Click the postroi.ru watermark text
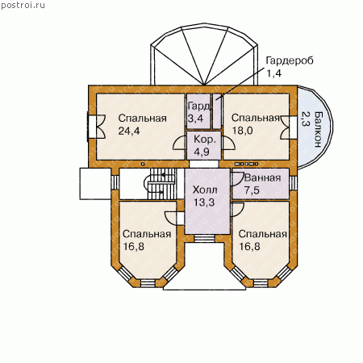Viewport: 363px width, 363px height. click(23, 6)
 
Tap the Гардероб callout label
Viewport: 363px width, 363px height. click(290, 61)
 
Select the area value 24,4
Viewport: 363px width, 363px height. click(129, 131)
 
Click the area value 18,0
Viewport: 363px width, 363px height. click(242, 131)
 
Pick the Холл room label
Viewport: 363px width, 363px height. click(205, 190)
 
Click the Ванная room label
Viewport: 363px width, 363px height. click(262, 177)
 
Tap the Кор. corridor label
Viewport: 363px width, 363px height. click(205, 140)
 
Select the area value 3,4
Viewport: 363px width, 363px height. click(195, 119)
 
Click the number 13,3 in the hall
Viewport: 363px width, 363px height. click(204, 202)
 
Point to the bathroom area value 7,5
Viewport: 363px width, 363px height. click(252, 190)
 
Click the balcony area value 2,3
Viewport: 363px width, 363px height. click(305, 119)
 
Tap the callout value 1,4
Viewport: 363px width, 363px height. click(273, 73)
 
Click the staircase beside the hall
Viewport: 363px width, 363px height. click(161, 184)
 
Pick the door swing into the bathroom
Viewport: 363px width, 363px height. click(237, 177)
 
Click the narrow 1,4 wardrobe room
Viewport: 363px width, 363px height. click(217, 111)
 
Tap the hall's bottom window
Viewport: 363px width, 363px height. click(204, 239)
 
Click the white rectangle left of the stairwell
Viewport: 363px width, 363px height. click(95, 184)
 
